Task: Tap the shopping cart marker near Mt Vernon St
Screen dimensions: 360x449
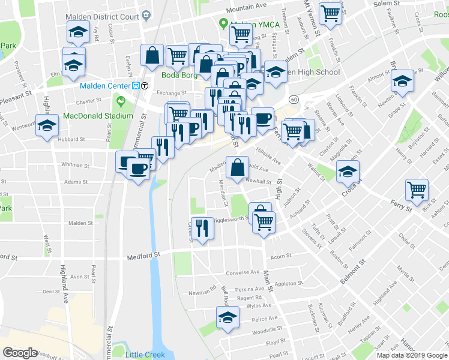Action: tap(330, 14)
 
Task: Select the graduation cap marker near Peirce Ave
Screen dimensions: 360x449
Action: tap(228, 317)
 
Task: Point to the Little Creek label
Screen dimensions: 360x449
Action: tap(145, 355)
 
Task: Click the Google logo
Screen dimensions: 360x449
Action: tap(20, 353)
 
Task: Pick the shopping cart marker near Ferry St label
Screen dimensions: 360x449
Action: tap(417, 190)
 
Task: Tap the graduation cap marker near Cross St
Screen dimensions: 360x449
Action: tap(348, 172)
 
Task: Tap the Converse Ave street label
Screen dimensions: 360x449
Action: tap(243, 272)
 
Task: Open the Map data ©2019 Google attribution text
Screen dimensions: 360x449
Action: tap(412, 355)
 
